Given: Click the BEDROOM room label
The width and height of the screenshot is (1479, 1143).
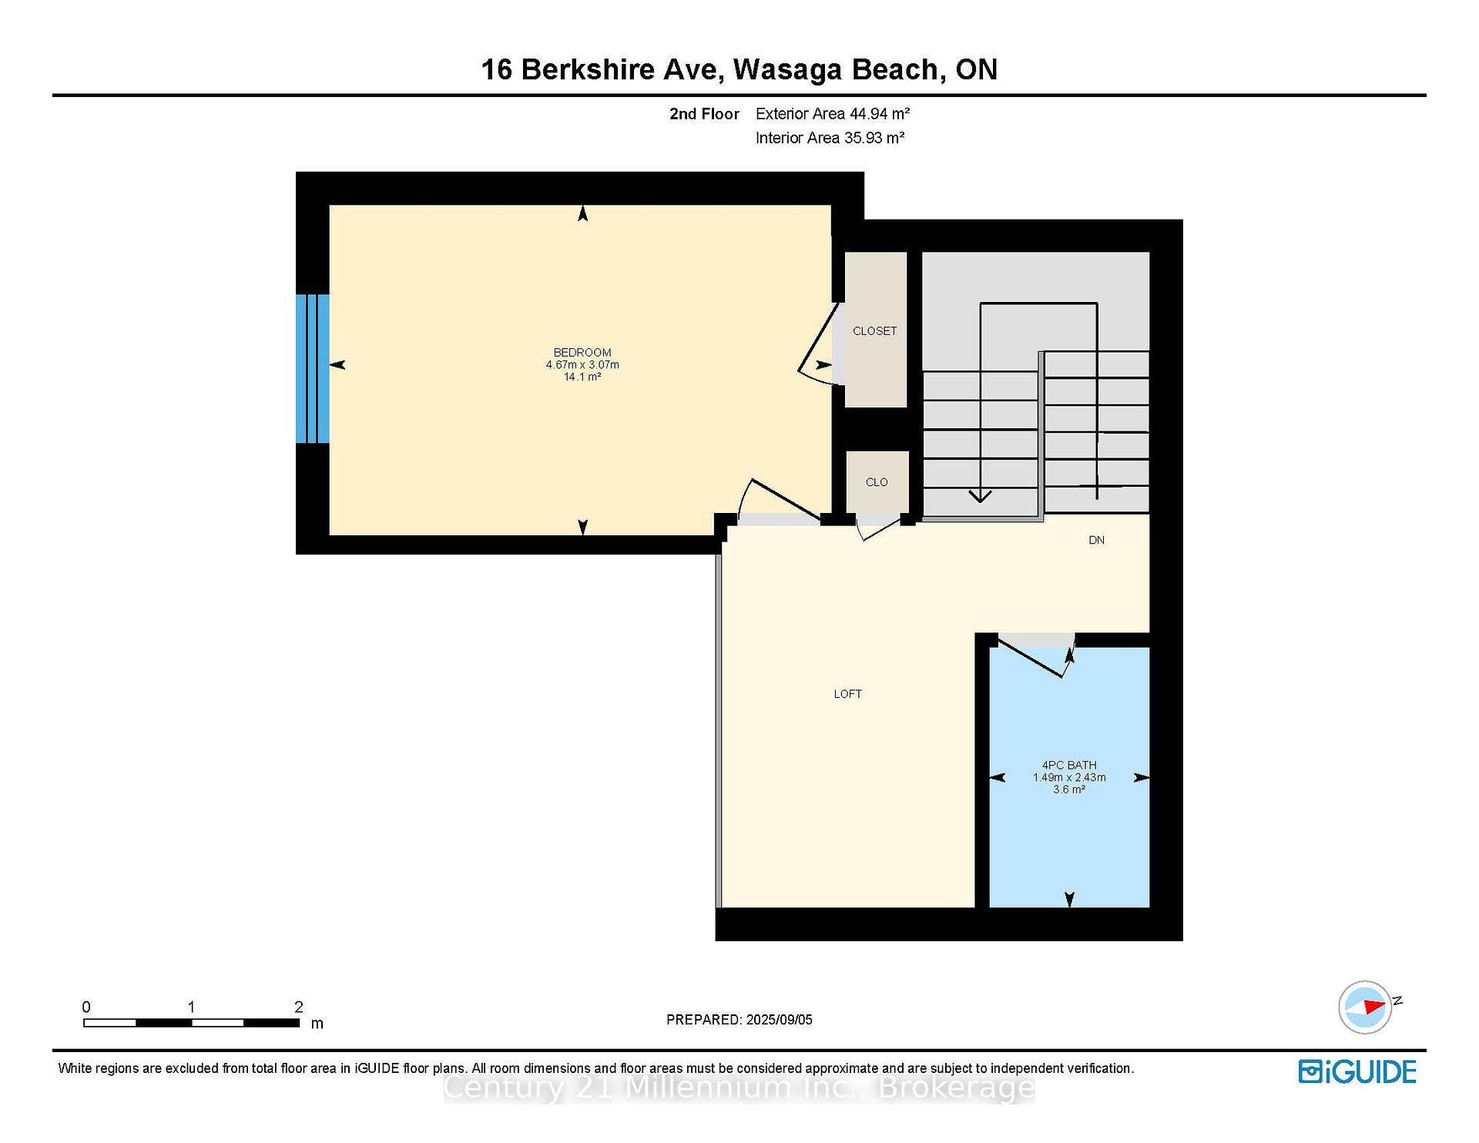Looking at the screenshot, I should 582,353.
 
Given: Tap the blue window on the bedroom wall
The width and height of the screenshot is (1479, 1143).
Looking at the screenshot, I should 313,369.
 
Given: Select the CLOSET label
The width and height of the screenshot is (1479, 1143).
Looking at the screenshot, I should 874,331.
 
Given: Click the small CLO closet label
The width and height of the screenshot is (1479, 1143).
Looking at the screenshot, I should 877,482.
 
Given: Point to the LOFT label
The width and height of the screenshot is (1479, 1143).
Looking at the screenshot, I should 847,694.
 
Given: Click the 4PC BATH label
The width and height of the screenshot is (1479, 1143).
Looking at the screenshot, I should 1068,765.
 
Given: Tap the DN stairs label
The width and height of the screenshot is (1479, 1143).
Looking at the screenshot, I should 1096,540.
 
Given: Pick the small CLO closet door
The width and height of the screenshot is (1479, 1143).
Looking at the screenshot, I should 880,529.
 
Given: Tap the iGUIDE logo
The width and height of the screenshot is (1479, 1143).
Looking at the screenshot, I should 1357,1071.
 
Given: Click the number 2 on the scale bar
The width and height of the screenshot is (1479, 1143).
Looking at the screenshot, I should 298,1007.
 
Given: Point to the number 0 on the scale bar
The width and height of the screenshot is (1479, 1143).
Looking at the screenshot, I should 86,1007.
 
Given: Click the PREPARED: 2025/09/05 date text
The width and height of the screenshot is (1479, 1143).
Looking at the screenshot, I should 739,1020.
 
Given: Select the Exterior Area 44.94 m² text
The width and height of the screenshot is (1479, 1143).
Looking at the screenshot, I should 832,114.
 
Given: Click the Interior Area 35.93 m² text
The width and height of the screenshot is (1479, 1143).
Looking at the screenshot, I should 829,138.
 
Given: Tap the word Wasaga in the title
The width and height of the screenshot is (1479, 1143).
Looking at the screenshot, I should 786,69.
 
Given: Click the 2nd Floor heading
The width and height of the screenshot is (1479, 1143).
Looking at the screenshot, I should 703,114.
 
